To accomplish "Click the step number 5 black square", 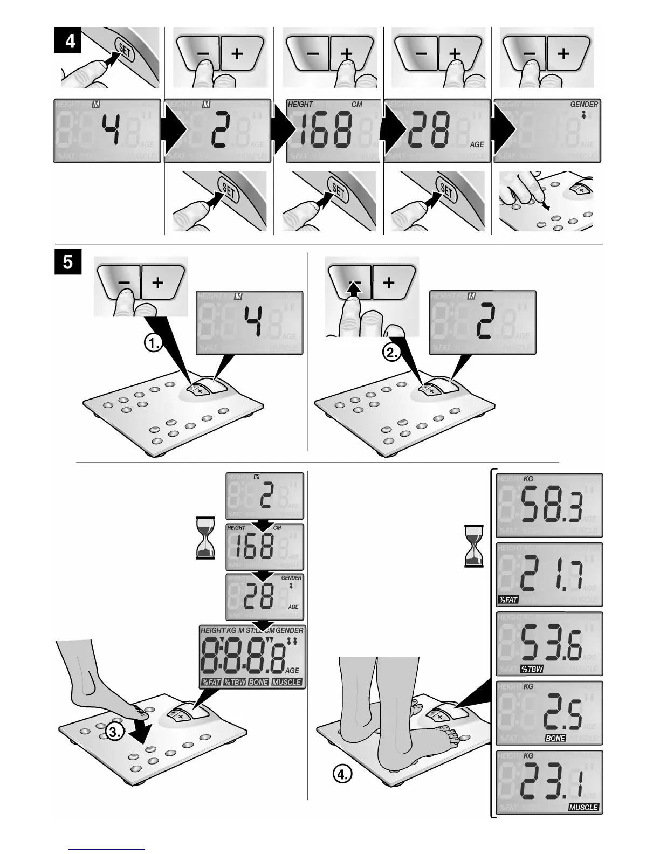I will tap(68, 262).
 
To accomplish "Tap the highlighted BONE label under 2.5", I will tap(555, 738).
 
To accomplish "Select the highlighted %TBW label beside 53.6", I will tap(531, 669).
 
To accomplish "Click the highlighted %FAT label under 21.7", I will tap(508, 600).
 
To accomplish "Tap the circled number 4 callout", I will tap(342, 775).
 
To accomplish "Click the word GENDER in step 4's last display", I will tap(583, 104).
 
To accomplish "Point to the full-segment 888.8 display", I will tap(251, 656).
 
